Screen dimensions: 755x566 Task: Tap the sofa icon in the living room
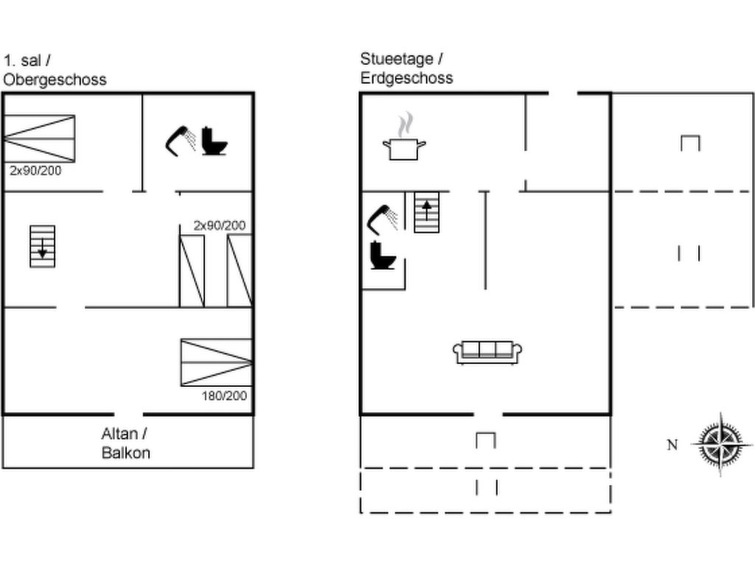coord(487,352)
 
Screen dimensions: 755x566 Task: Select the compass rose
coord(721,444)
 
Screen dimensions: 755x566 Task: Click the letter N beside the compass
coord(672,444)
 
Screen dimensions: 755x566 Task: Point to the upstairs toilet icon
coord(214,141)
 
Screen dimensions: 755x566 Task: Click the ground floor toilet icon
coord(383,255)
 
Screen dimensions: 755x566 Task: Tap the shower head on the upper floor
coord(180,141)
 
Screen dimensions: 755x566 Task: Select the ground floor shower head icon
coord(383,220)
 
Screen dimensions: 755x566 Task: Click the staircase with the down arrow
coord(42,246)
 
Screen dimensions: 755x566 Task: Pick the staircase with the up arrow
coord(427,212)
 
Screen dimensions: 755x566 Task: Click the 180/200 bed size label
coord(224,396)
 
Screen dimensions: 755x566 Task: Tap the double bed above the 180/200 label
coord(217,363)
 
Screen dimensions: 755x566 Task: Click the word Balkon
coord(125,453)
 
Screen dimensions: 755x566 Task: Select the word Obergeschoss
coord(55,80)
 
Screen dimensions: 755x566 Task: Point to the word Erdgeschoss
coord(407,78)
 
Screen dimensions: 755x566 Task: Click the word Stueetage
coord(397,59)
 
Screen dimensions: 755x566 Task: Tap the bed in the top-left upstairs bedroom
coord(39,139)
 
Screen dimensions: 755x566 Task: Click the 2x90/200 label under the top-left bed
coord(35,170)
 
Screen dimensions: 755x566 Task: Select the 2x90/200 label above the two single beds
coord(220,226)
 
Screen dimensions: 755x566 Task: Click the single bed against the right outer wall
coord(240,271)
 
